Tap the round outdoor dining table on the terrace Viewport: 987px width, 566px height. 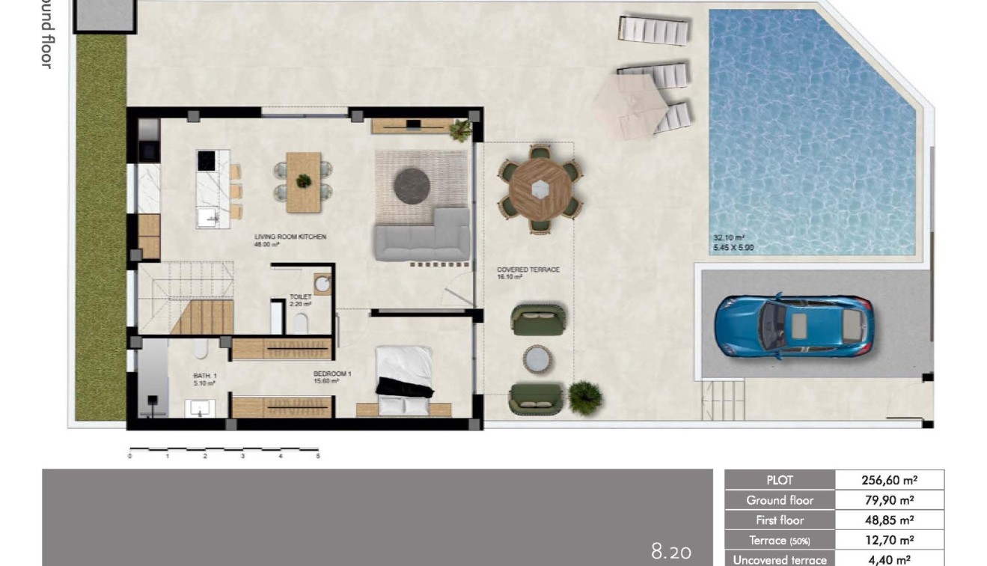click(539, 191)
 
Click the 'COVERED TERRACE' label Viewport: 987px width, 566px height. click(528, 270)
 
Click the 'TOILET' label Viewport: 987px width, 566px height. click(300, 297)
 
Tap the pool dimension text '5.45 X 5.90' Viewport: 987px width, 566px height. click(733, 248)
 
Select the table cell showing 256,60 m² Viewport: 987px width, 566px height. click(889, 481)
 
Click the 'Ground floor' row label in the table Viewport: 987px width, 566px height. click(779, 500)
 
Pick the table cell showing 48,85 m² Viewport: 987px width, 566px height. click(889, 520)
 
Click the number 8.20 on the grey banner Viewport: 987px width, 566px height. click(671, 553)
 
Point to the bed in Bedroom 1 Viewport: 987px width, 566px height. click(404, 380)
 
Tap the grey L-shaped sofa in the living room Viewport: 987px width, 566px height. click(423, 237)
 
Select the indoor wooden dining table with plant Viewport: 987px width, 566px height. click(303, 182)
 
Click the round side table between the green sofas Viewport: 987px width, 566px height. click(539, 359)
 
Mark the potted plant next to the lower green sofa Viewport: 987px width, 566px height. click(584, 396)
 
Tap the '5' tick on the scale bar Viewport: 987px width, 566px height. click(318, 455)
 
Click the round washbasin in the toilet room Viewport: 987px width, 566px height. click(323, 284)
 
